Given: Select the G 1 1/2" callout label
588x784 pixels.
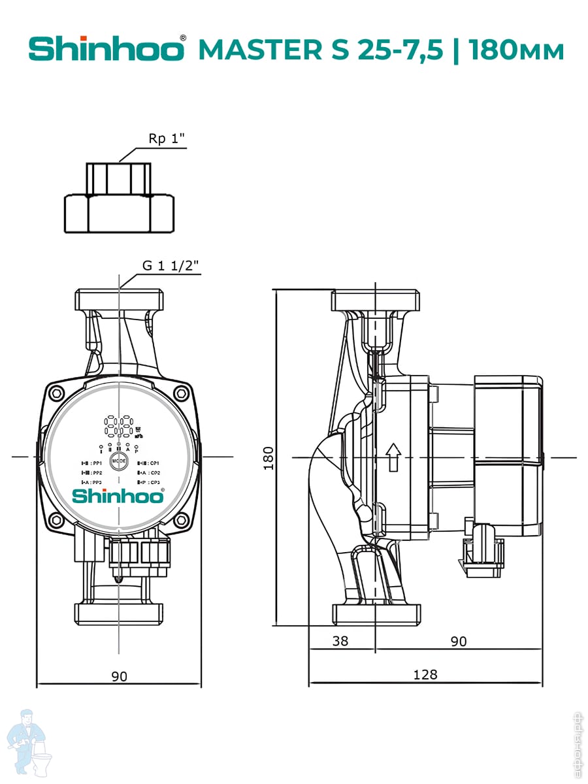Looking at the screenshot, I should coord(171,266).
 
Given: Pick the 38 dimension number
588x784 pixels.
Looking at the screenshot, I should coord(340,641).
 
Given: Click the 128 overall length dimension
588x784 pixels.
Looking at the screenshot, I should coord(425,674).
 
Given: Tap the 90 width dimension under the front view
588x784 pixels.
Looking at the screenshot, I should coord(119,676).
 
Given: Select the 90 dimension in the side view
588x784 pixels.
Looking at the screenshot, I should coord(459,641).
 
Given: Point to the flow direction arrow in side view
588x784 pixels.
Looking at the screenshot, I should coord(393,456).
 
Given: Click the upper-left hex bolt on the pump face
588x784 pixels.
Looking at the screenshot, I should coord(57,394).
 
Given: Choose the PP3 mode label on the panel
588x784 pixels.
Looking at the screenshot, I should coord(90,482).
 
